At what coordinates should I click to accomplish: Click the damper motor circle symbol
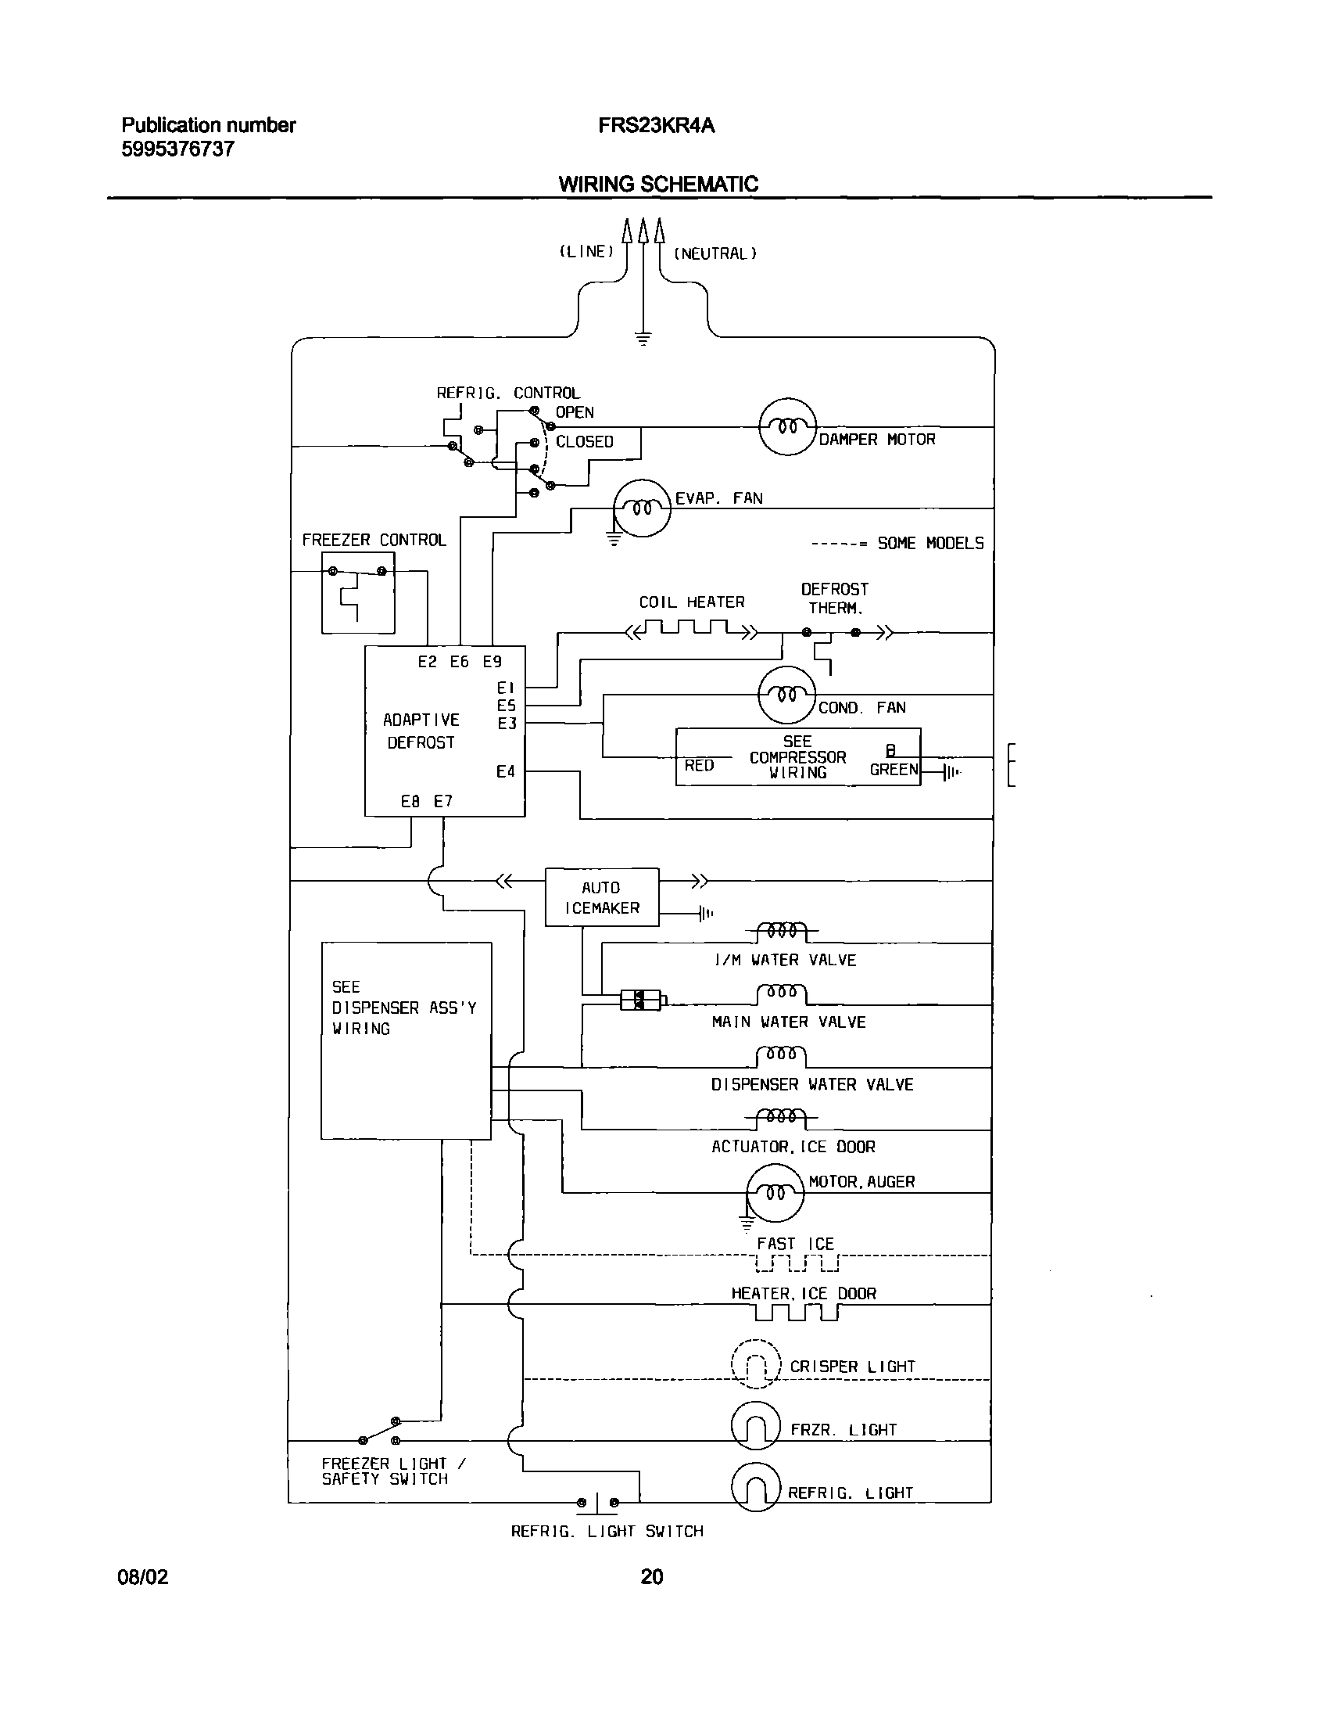(x=787, y=426)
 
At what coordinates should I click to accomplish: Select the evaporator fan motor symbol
(x=642, y=508)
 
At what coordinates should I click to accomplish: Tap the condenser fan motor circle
(x=786, y=695)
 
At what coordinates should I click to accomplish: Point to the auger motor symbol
(x=775, y=1192)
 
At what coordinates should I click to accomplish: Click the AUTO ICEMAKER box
(x=602, y=897)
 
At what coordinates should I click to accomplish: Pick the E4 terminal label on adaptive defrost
(x=506, y=772)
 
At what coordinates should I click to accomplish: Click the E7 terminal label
(x=443, y=801)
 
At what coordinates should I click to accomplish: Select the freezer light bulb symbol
(x=755, y=1426)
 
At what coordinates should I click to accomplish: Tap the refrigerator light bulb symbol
(x=755, y=1487)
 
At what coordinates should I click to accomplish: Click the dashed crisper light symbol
(x=755, y=1364)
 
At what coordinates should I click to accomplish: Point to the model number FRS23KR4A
(x=656, y=125)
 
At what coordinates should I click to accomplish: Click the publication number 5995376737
(x=177, y=149)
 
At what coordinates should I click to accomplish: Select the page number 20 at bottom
(x=651, y=1576)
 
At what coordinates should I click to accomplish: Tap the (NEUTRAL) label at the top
(x=715, y=253)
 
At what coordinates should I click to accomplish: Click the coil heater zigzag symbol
(x=692, y=629)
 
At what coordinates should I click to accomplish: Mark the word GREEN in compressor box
(x=894, y=770)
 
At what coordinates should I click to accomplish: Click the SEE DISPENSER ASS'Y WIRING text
(x=403, y=1008)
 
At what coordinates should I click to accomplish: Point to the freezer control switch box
(x=358, y=593)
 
